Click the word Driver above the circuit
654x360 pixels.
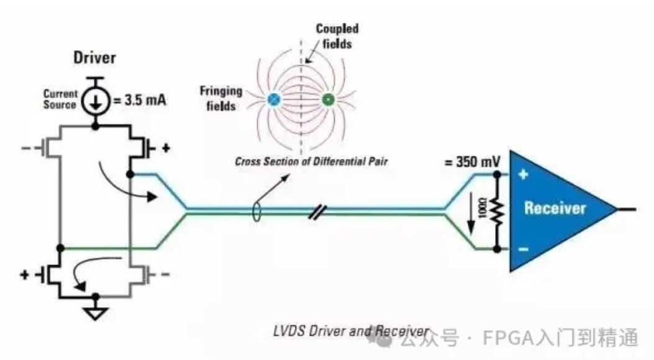point(95,58)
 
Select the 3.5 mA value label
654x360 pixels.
point(140,99)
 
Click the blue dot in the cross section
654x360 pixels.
point(273,99)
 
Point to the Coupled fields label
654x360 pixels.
point(337,36)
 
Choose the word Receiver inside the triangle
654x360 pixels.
point(555,207)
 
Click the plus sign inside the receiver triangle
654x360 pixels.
point(523,175)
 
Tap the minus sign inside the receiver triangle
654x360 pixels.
point(523,249)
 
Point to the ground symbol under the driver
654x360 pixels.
point(95,313)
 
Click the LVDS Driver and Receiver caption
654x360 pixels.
point(351,331)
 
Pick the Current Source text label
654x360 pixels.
point(60,99)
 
